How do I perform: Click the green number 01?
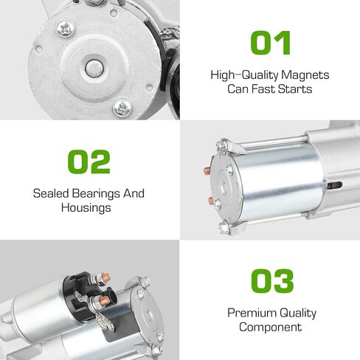click(x=271, y=43)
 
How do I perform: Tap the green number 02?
click(x=89, y=162)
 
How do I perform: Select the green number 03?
click(x=272, y=281)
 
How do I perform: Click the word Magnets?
click(x=305, y=75)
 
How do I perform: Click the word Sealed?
click(x=51, y=193)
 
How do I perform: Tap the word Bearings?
click(x=97, y=194)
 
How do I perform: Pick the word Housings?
click(x=86, y=208)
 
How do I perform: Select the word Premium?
click(x=252, y=313)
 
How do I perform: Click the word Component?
click(x=270, y=328)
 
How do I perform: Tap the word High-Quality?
click(x=244, y=75)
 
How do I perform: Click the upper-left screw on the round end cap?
click(x=66, y=29)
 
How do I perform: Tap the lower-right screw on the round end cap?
click(x=122, y=108)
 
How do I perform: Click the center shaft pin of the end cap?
click(x=94, y=69)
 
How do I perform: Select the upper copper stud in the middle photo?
click(x=207, y=170)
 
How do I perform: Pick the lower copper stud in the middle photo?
click(x=211, y=201)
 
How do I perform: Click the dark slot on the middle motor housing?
click(x=334, y=185)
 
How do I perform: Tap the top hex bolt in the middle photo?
click(x=222, y=145)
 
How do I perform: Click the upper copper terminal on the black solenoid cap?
click(x=105, y=277)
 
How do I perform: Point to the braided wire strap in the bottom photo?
click(x=105, y=322)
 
